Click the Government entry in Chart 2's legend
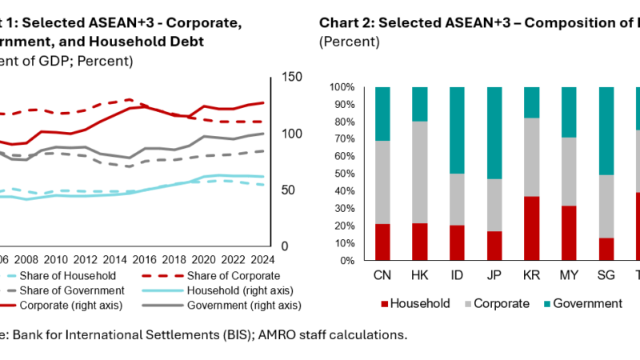(x=589, y=303)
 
